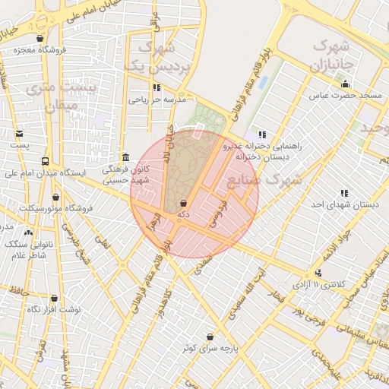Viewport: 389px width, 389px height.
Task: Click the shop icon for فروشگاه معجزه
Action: coord(40,38)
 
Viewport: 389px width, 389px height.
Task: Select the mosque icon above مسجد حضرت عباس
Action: coord(346,84)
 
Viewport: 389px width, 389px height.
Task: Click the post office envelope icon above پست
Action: coord(18,132)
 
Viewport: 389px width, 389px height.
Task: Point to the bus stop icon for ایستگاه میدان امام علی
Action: coord(46,161)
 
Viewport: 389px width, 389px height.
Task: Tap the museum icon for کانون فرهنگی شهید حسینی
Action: coord(125,157)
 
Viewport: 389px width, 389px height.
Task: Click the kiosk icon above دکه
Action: coord(184,203)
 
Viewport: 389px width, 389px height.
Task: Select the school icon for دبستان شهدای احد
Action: coord(344,193)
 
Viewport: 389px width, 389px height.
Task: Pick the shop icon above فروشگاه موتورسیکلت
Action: coord(55,198)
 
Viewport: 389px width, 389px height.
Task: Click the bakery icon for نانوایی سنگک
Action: coord(28,232)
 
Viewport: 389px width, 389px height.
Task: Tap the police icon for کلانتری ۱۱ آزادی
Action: coord(318,273)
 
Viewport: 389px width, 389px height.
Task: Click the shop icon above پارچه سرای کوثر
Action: coord(210,336)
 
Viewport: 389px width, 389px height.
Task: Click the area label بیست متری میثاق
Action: coord(52,96)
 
